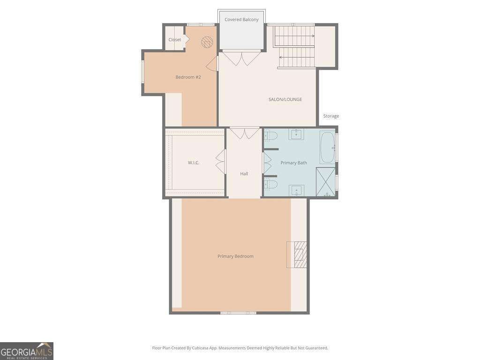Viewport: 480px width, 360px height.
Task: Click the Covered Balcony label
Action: (x=241, y=20)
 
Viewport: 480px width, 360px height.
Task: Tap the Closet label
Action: (x=174, y=40)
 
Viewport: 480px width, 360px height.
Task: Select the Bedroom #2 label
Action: (x=188, y=77)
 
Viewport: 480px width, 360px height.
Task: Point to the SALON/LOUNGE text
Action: (x=285, y=99)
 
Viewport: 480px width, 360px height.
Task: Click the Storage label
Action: (x=331, y=116)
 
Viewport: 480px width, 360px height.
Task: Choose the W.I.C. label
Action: (x=194, y=163)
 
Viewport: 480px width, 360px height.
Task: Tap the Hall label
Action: (x=244, y=174)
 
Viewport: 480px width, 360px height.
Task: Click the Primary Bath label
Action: (x=293, y=163)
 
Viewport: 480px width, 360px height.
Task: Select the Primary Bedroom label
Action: (x=235, y=256)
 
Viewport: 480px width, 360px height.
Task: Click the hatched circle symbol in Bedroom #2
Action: (x=207, y=42)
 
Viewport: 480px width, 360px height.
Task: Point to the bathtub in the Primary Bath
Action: (x=328, y=147)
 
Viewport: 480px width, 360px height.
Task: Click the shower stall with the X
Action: (x=326, y=182)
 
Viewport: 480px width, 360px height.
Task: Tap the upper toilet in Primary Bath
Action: (x=270, y=135)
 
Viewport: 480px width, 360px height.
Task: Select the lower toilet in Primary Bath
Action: (x=270, y=184)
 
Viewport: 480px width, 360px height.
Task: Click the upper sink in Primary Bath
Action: (x=296, y=134)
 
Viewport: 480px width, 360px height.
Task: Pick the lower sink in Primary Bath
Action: (x=296, y=190)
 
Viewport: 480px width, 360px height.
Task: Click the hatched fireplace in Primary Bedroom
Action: (x=297, y=255)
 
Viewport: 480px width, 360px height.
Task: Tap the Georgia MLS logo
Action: (x=27, y=351)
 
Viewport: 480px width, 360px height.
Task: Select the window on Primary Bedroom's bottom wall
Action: (x=239, y=313)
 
